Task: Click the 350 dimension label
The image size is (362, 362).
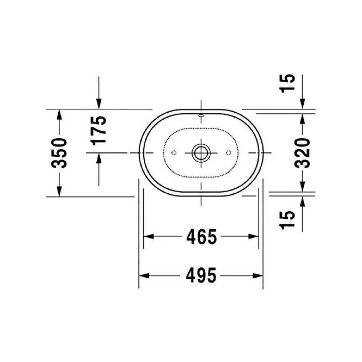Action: [x=59, y=153]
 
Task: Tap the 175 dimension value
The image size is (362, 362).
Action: [x=98, y=131]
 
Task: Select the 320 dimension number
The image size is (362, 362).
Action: [x=302, y=153]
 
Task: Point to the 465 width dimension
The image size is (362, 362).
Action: [x=201, y=236]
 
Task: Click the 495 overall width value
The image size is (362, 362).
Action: [x=201, y=276]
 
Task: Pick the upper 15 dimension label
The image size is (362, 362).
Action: [x=287, y=83]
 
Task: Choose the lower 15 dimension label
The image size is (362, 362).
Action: [x=287, y=220]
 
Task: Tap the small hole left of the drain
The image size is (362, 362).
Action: [x=174, y=153]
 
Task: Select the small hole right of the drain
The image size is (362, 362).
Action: [x=228, y=153]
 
